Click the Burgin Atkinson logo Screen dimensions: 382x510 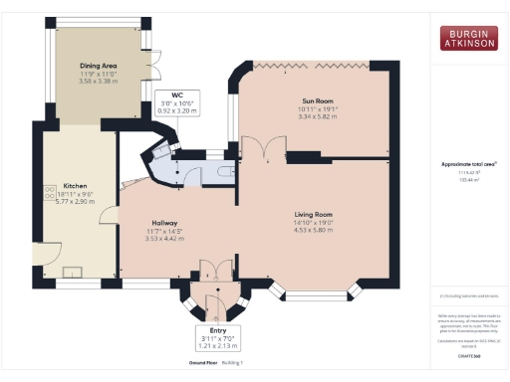point(468,38)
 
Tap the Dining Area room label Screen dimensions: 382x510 point(100,68)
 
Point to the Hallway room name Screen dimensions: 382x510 point(164,223)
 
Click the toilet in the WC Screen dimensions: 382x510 point(221,171)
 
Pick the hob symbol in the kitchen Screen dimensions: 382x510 point(47,192)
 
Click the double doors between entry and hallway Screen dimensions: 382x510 point(210,269)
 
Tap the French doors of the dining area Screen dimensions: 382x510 point(155,68)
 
